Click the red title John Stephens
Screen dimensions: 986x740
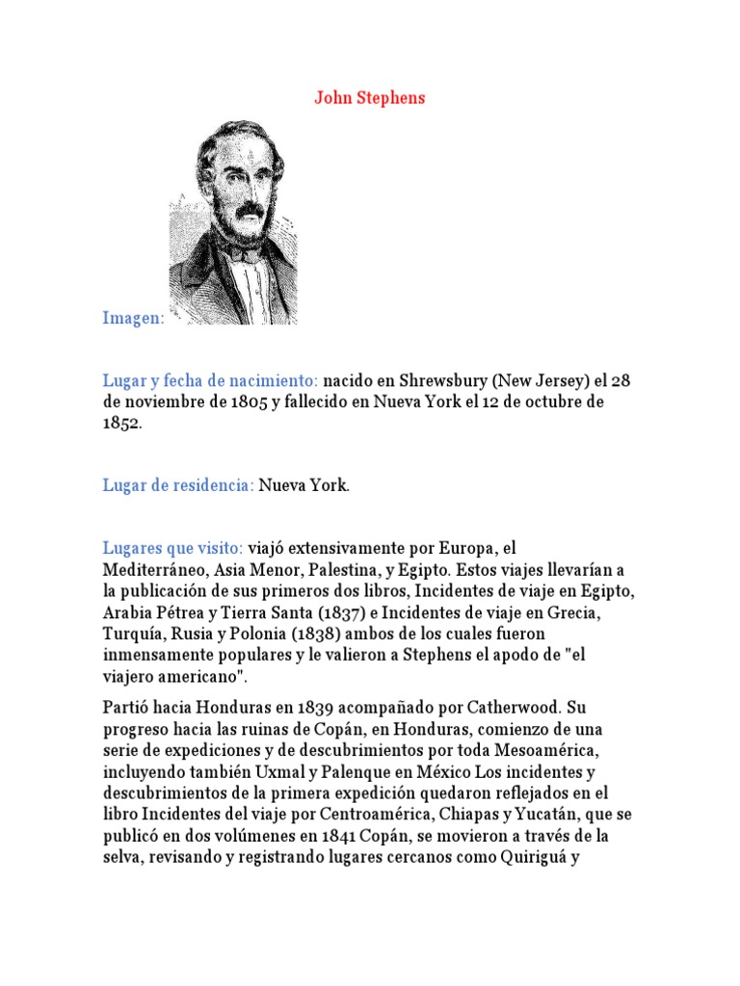[369, 98]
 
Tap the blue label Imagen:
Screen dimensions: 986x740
[134, 319]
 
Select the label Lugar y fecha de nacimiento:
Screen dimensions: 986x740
[210, 380]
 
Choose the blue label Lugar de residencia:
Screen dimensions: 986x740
[178, 485]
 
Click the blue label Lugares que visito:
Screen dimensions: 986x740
[172, 548]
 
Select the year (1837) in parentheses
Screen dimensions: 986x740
[348, 612]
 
